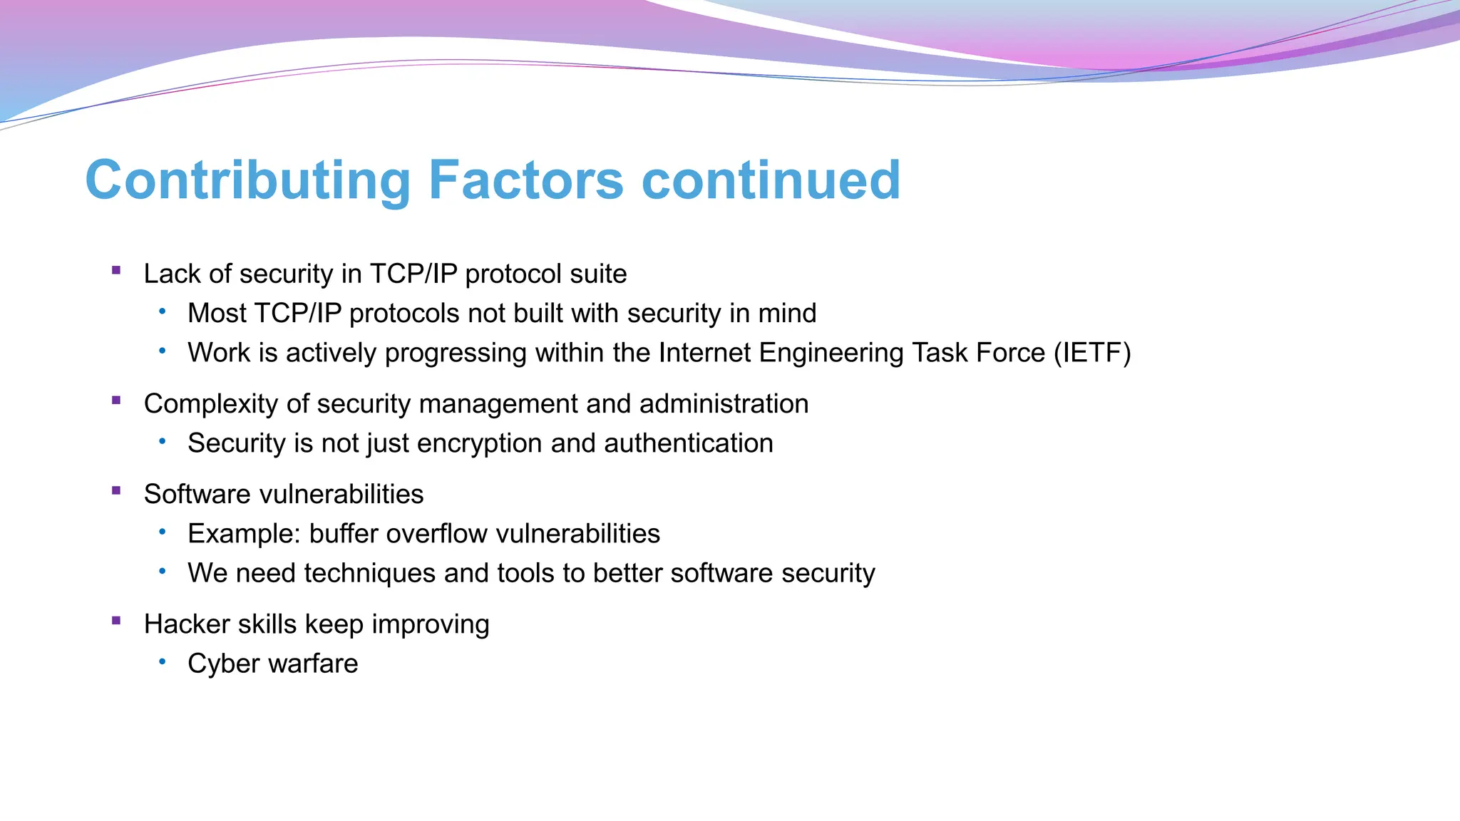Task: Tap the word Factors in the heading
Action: point(526,180)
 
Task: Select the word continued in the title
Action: point(771,180)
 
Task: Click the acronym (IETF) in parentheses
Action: point(1092,353)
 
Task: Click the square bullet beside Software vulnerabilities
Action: point(116,490)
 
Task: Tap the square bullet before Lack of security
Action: point(116,270)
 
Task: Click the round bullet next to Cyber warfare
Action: point(163,662)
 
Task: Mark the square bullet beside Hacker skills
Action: point(116,620)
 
